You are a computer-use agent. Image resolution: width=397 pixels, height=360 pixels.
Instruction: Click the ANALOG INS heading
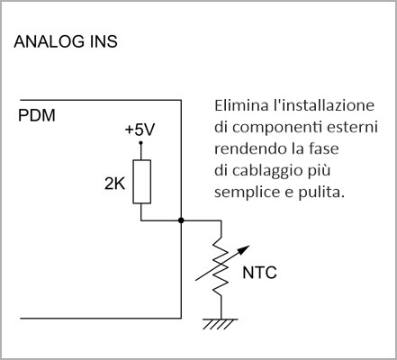pos(66,41)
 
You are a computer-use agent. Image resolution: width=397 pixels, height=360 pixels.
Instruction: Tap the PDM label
pos(37,115)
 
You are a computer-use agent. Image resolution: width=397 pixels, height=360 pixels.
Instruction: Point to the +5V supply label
pos(140,130)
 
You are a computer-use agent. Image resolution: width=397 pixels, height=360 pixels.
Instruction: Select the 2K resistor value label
pos(114,184)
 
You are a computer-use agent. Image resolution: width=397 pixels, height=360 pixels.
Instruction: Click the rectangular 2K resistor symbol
pos(141,182)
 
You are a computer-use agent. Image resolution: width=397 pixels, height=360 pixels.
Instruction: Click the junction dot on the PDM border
pos(181,220)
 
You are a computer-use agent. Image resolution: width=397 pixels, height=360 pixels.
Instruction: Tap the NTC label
pos(259,273)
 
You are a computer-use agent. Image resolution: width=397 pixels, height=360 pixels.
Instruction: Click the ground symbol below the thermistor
pos(221,323)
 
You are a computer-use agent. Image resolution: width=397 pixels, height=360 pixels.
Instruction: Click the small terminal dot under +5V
pos(140,143)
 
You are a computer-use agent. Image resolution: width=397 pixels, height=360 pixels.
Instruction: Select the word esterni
pos(352,128)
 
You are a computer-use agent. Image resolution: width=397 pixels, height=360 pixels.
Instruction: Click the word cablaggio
pos(267,171)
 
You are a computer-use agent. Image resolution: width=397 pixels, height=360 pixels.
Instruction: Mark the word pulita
pos(320,193)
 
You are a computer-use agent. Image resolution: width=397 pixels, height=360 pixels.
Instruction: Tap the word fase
pos(325,148)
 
